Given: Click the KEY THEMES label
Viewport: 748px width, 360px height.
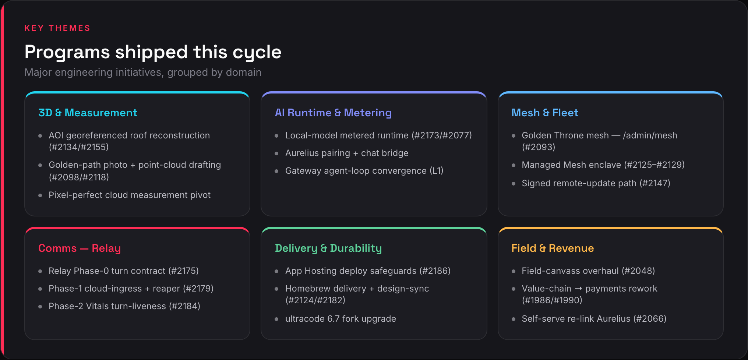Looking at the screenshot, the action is tap(57, 28).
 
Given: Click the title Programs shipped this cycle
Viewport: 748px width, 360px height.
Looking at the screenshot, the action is tap(153, 52).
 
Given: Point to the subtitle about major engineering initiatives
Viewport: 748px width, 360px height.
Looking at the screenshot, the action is tap(143, 73).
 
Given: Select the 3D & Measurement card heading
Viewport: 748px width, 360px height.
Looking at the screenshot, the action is tap(88, 113).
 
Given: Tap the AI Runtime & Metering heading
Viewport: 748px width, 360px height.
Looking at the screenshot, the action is tap(333, 113).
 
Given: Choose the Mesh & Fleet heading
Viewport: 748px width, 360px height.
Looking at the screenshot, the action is tap(545, 113).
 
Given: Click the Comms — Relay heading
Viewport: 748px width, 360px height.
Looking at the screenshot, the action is tap(80, 248).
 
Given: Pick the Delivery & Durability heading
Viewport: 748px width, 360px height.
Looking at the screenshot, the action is tap(328, 248).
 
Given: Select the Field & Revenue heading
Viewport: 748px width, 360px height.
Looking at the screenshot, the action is tap(553, 248).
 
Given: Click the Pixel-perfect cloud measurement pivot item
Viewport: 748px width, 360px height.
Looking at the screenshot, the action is tap(130, 195).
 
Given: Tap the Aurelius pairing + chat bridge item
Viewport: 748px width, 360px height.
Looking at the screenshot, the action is tap(347, 153).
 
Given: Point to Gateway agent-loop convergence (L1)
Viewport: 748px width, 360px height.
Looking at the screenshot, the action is tap(364, 171).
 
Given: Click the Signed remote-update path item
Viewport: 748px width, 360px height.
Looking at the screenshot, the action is tap(596, 183).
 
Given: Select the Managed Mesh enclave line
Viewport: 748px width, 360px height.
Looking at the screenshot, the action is tap(603, 165).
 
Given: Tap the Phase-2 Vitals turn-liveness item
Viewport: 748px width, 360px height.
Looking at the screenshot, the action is tap(124, 306).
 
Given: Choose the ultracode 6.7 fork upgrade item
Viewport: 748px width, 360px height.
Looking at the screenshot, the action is tap(341, 319).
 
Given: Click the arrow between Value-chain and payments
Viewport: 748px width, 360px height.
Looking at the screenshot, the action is tap(578, 289).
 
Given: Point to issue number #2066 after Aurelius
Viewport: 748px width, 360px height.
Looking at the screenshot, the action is tap(650, 319).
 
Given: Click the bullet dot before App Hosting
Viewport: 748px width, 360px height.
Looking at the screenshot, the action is tap(276, 271).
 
